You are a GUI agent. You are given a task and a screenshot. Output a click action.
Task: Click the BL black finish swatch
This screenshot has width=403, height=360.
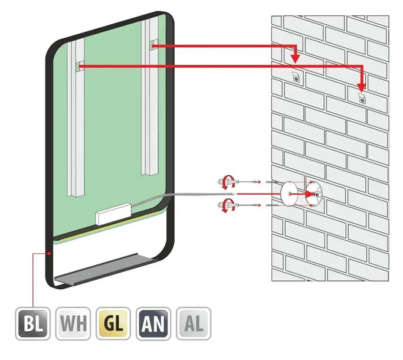(x=32, y=323)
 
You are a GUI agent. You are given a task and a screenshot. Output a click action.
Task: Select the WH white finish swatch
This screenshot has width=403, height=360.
(x=73, y=323)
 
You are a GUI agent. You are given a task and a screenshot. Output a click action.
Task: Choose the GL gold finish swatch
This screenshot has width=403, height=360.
(x=113, y=323)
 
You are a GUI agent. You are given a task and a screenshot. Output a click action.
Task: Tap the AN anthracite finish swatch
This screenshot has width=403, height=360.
(x=153, y=323)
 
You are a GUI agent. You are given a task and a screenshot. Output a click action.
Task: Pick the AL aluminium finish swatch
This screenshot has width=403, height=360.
(x=194, y=323)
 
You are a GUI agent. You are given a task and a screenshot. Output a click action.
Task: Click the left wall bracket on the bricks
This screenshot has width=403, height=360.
(x=296, y=77)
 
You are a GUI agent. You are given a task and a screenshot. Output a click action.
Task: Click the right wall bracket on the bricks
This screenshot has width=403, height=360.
(x=362, y=98)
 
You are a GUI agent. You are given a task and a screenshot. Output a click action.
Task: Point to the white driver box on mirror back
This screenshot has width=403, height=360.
(x=113, y=214)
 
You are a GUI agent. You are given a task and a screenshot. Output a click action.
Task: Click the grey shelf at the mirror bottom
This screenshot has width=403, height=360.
(x=106, y=269)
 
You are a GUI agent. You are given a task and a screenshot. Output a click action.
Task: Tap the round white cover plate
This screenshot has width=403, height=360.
(x=289, y=194)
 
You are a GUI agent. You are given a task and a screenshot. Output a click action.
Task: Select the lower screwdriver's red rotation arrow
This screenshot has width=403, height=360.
(x=228, y=205)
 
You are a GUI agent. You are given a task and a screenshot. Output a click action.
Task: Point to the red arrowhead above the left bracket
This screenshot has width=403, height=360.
(x=296, y=58)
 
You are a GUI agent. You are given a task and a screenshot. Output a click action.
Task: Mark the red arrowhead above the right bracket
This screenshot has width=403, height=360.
(x=362, y=88)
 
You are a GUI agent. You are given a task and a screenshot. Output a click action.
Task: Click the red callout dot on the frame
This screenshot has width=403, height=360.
(x=49, y=254)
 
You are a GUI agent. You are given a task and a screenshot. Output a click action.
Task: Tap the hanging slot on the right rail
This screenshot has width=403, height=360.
(x=155, y=44)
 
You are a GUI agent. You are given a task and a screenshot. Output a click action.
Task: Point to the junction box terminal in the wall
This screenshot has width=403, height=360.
(x=317, y=194)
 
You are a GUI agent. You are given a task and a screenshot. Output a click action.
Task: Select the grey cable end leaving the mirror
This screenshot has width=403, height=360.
(x=234, y=194)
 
